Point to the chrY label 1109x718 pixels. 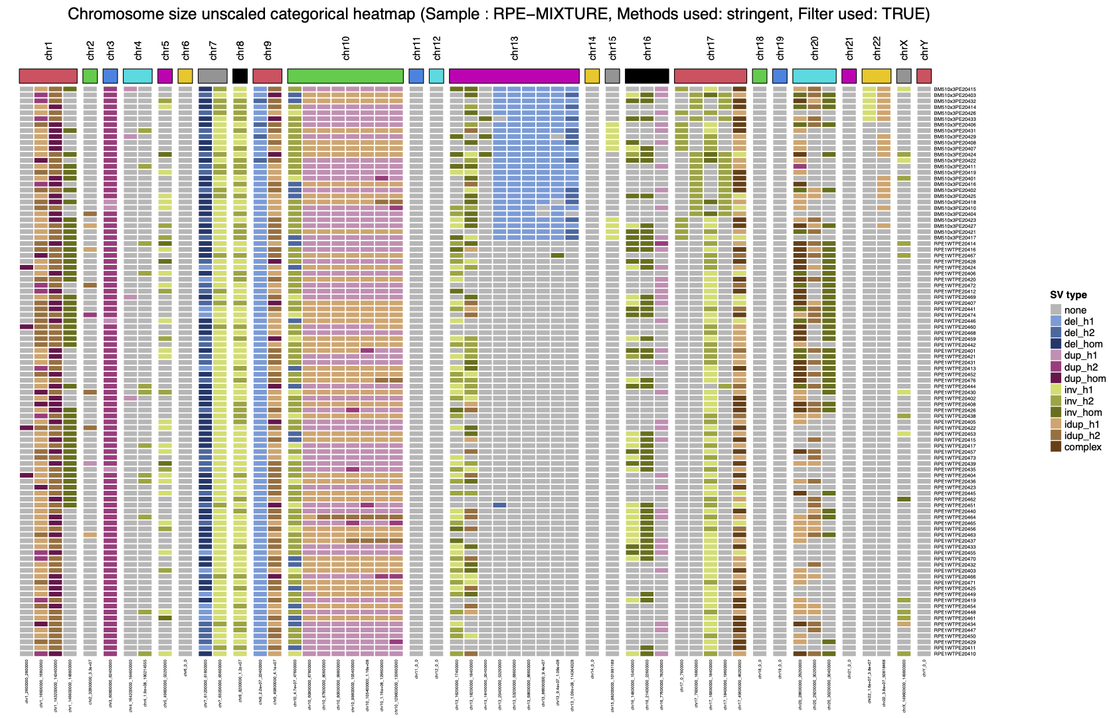924,50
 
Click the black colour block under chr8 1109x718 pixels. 240,76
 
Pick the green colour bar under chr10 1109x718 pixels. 345,76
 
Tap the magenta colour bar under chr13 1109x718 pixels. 514,76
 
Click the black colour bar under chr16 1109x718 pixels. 647,76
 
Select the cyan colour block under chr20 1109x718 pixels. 814,76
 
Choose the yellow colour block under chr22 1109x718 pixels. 877,76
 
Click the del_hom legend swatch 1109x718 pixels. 1056,344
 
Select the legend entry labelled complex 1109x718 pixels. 1082,447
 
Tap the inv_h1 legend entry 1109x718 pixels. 1078,390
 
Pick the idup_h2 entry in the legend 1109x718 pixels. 1082,436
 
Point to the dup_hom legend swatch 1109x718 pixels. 1056,379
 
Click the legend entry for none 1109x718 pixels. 1074,310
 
